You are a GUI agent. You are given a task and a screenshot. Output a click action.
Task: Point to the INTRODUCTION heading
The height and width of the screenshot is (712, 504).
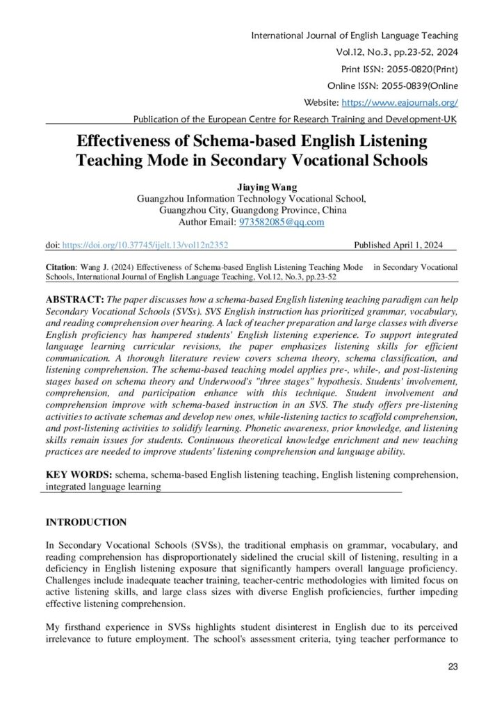click(86, 522)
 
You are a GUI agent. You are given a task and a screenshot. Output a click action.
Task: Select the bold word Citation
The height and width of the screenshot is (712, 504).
click(63, 266)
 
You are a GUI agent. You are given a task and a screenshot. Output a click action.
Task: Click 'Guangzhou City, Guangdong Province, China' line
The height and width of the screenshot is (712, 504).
click(252, 210)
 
